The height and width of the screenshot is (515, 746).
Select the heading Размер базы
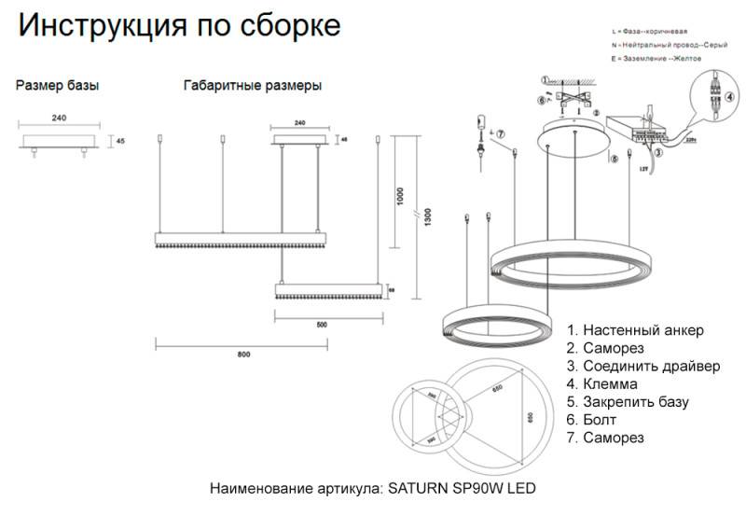pos(58,86)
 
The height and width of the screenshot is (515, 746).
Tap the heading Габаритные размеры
pos(253,86)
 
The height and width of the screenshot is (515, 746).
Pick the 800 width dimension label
pos(243,355)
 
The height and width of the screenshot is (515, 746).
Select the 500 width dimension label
pos(322,325)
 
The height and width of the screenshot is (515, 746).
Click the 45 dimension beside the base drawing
pos(120,142)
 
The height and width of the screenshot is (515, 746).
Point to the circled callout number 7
pos(501,134)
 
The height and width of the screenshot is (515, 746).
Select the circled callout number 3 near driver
pos(657,151)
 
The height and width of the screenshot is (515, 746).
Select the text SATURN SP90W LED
pos(461,488)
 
